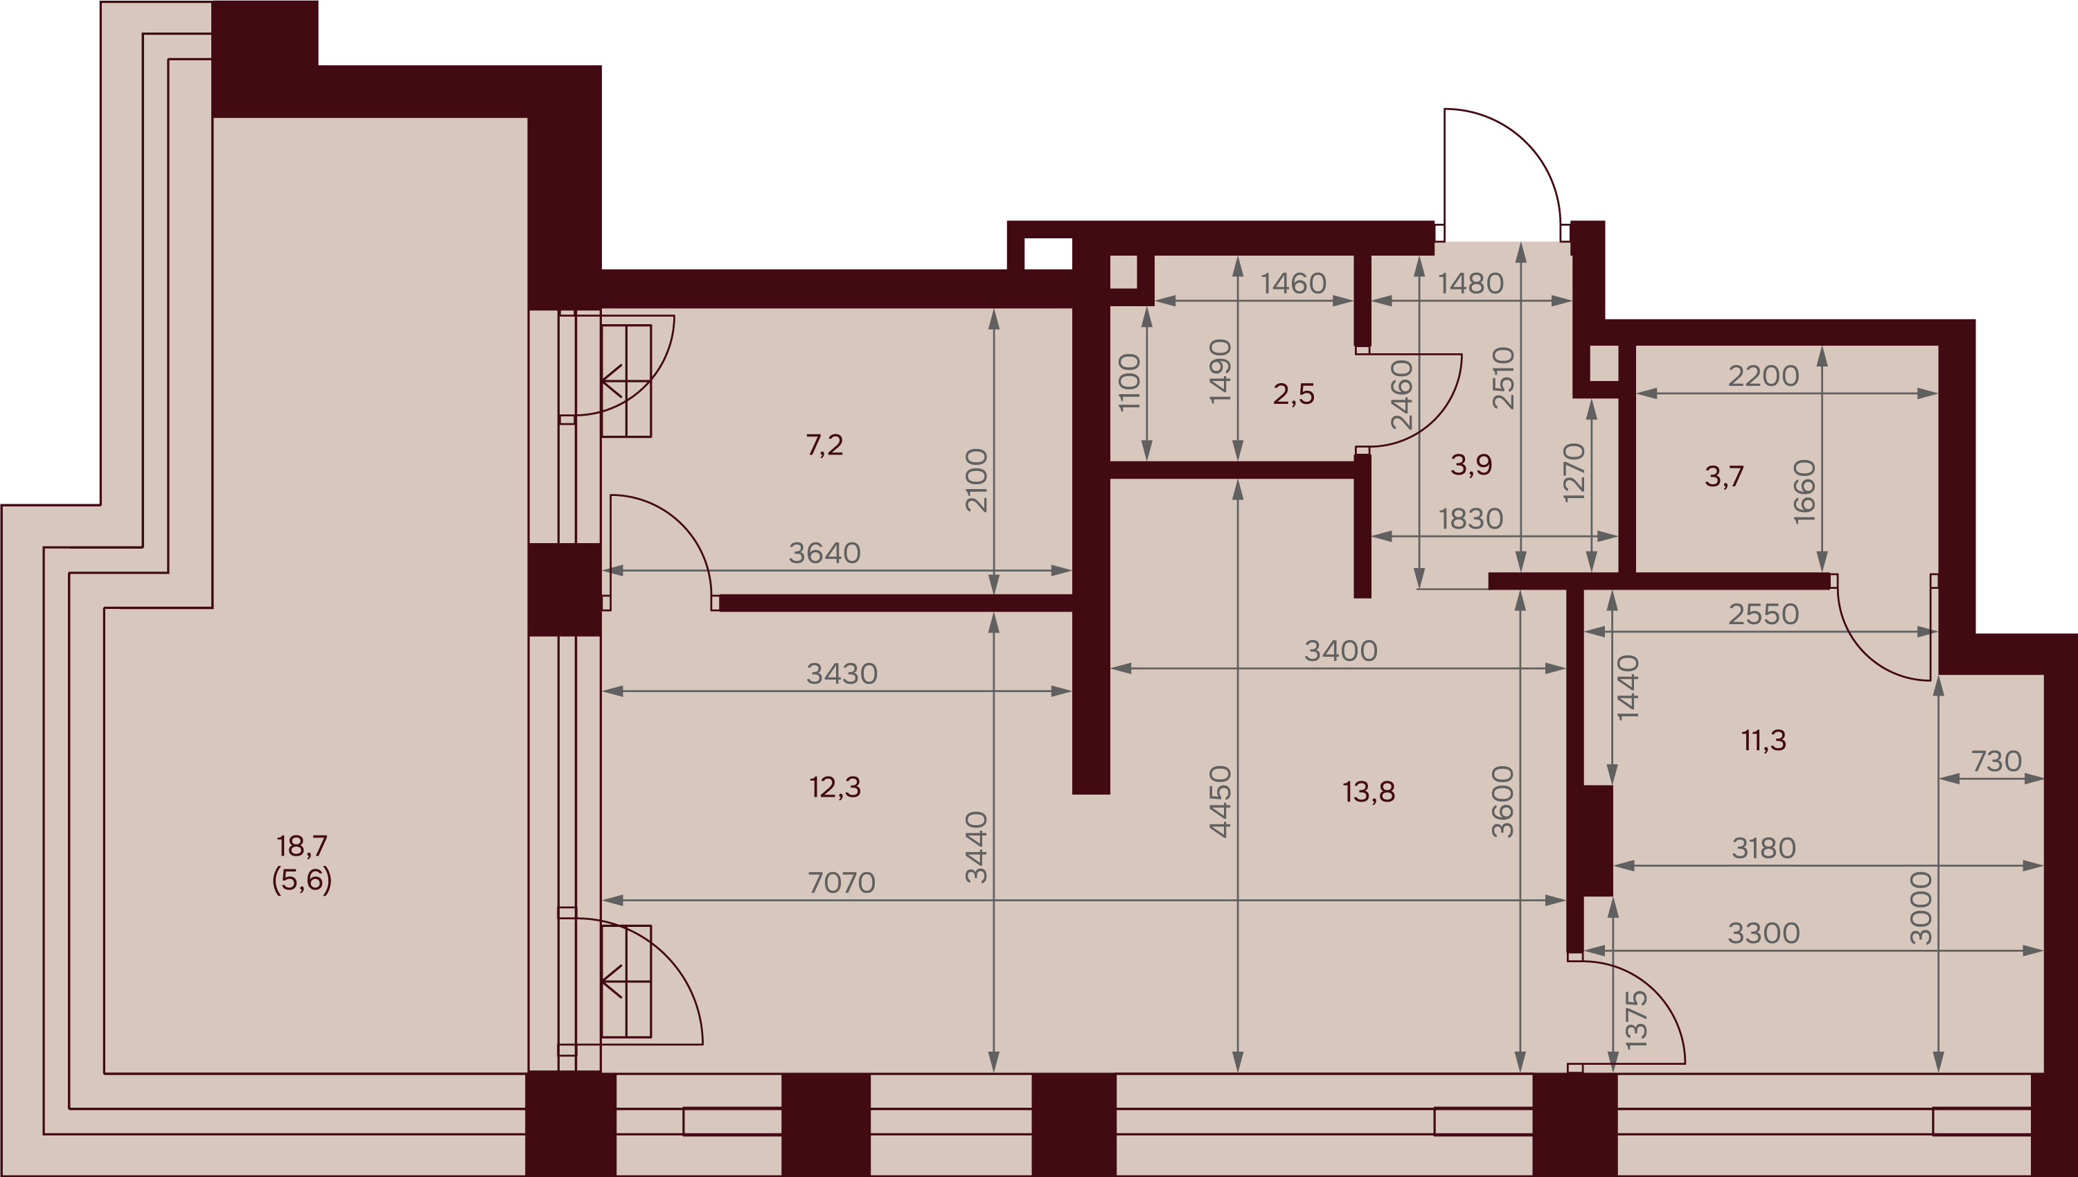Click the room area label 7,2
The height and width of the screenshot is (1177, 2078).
click(x=824, y=445)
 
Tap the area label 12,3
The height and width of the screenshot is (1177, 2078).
click(x=835, y=786)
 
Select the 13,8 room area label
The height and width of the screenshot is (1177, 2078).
click(x=1368, y=791)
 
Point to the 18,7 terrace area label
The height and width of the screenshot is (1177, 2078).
click(x=301, y=846)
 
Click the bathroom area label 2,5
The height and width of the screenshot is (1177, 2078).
click(x=1293, y=393)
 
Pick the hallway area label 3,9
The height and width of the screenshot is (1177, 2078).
click(x=1471, y=464)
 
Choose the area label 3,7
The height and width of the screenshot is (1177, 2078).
click(x=1724, y=476)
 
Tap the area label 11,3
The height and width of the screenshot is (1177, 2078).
click(x=1764, y=740)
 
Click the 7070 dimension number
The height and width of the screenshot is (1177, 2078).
click(x=842, y=882)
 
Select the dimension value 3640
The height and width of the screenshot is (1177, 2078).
click(x=824, y=553)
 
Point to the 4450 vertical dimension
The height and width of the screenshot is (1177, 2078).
click(x=1220, y=801)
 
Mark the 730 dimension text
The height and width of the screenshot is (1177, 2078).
click(x=1996, y=761)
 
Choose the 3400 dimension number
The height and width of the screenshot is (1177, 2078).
click(x=1341, y=651)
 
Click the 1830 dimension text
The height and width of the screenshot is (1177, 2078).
click(x=1471, y=518)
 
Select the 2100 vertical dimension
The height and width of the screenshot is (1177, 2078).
click(x=977, y=479)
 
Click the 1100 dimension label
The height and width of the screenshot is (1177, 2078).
click(x=1129, y=382)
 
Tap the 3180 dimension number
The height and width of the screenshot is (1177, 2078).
click(x=1764, y=848)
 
